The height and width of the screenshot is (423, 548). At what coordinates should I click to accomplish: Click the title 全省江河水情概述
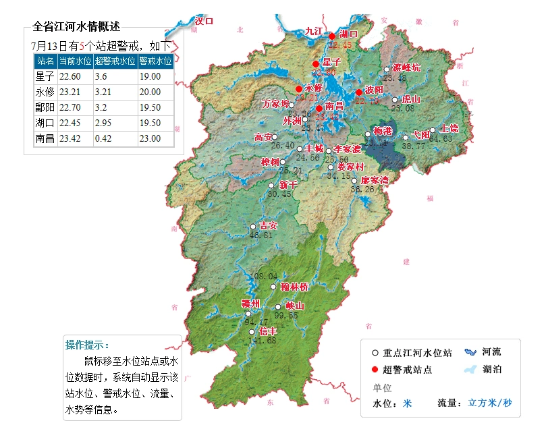76,27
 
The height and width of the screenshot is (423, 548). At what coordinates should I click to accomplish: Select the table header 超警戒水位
115,61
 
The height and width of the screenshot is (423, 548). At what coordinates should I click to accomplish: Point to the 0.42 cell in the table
115,138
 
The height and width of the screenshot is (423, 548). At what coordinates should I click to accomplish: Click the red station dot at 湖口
332,36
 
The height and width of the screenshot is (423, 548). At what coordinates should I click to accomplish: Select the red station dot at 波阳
359,92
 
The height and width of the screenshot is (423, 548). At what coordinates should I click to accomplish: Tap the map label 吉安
268,225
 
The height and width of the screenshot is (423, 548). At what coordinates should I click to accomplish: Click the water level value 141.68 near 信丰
263,341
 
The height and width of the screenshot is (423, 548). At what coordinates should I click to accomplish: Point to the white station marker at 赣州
248,314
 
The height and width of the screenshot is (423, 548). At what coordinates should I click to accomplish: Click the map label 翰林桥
294,287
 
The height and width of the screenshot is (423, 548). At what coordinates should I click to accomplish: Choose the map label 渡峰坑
406,67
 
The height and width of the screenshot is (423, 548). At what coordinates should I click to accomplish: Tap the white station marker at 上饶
433,130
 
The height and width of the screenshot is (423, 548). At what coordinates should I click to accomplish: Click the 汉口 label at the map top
204,21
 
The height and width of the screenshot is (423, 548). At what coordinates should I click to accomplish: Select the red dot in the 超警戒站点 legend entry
375,369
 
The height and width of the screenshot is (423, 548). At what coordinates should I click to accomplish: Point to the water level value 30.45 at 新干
280,194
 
